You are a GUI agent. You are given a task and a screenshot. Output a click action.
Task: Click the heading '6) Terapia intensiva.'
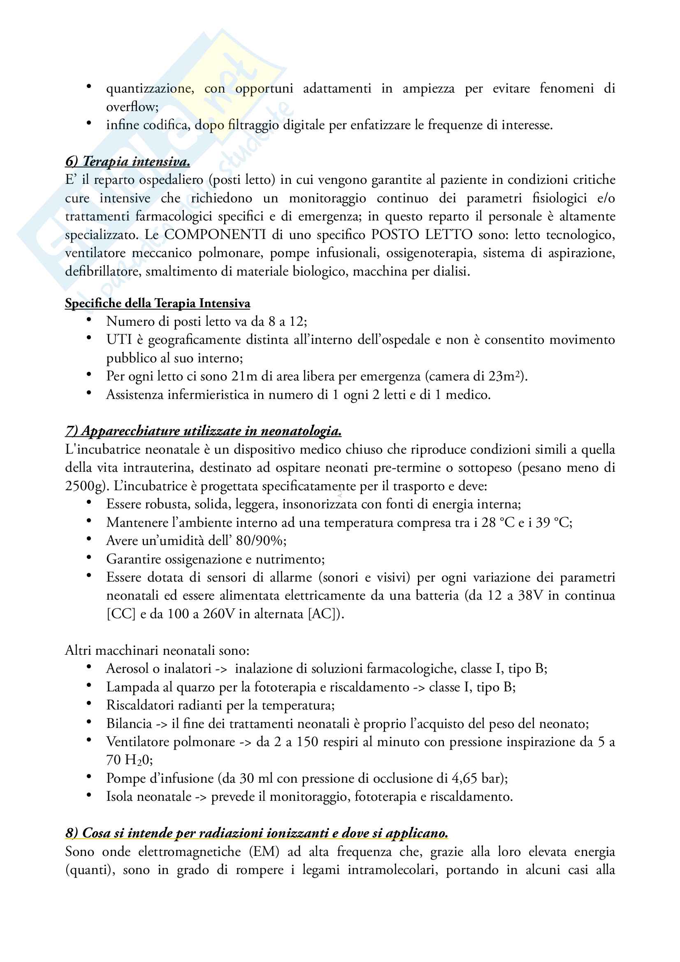(x=128, y=161)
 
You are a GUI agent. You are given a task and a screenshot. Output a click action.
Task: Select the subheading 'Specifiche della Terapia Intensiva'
(x=158, y=303)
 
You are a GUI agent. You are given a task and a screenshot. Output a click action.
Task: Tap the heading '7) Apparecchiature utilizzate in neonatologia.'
(x=203, y=431)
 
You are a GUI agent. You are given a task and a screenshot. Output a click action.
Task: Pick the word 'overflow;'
(x=132, y=107)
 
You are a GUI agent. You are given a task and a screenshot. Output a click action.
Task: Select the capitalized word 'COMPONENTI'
(x=215, y=234)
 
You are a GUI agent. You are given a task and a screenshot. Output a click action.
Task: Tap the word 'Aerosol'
(x=128, y=668)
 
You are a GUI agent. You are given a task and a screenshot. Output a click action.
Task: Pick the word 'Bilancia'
(x=129, y=723)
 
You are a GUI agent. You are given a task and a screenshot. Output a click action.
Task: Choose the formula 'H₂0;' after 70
(x=139, y=760)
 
